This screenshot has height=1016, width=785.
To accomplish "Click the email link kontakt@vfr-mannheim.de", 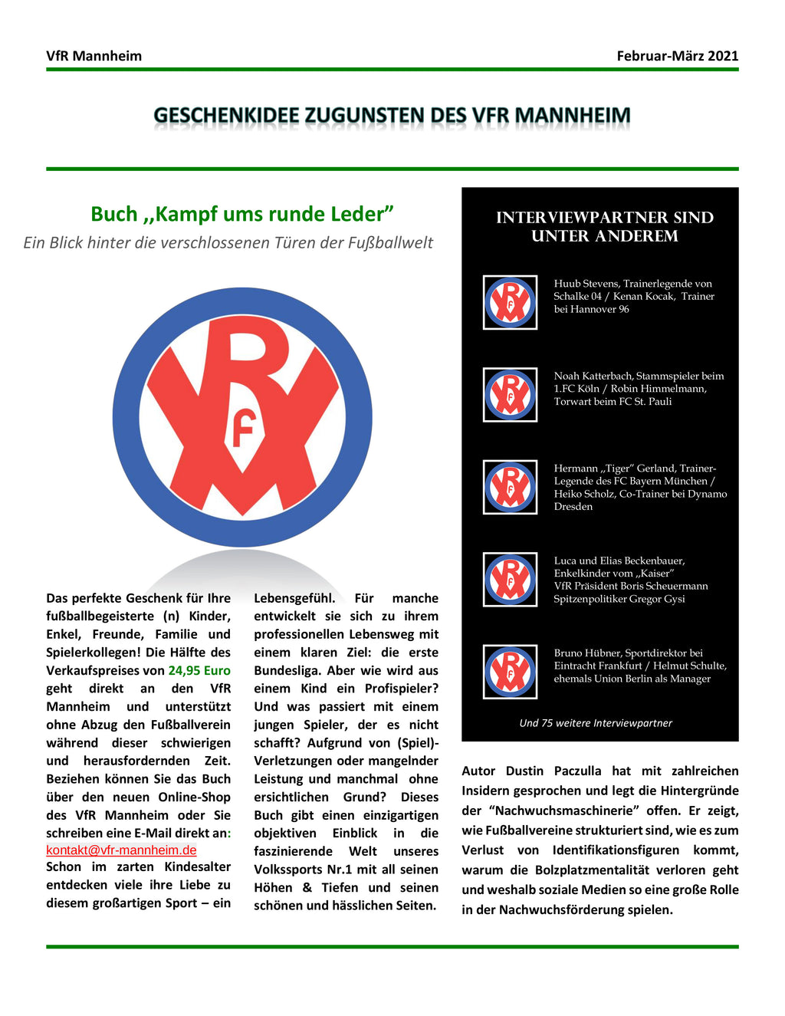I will click(121, 850).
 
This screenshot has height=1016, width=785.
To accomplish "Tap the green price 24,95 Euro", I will click(199, 670).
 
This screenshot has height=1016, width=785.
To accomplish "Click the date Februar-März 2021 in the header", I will click(677, 56).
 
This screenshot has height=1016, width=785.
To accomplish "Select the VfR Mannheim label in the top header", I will click(94, 56).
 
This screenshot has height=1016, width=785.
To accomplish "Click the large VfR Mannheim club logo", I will click(242, 417).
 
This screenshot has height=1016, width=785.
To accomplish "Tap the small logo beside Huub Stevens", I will click(510, 302).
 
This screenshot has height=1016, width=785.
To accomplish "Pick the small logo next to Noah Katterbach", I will click(510, 395).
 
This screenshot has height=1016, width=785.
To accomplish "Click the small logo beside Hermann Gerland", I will click(510, 487).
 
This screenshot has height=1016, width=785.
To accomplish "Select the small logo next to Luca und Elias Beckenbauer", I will click(510, 580).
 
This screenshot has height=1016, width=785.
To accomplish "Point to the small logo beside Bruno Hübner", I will click(510, 672).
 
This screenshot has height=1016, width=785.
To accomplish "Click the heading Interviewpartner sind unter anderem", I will click(604, 227).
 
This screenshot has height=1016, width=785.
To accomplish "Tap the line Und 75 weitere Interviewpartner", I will click(596, 723).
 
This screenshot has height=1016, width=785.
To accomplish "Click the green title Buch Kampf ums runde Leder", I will click(241, 214).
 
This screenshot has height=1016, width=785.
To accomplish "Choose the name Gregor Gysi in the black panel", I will click(657, 599).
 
